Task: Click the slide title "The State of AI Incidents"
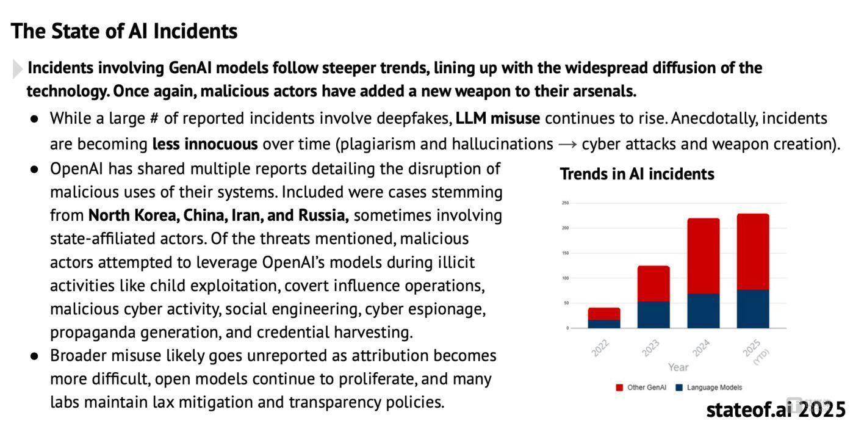pyautogui.click(x=124, y=31)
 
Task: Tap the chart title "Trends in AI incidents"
pyautogui.click(x=637, y=175)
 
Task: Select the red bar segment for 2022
pyautogui.click(x=604, y=314)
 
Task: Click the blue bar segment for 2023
pyautogui.click(x=653, y=315)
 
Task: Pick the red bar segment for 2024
pyautogui.click(x=704, y=256)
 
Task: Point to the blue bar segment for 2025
pyautogui.click(x=753, y=309)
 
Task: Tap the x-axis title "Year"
pyautogui.click(x=678, y=367)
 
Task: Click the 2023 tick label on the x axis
pyautogui.click(x=650, y=348)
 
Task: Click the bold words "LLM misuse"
pyautogui.click(x=497, y=118)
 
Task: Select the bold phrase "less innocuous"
pyautogui.click(x=205, y=144)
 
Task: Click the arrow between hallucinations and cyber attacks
pyautogui.click(x=567, y=145)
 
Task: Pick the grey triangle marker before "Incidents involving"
pyautogui.click(x=17, y=69)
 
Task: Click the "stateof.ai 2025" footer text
pyautogui.click(x=776, y=409)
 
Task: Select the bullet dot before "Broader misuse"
pyautogui.click(x=35, y=356)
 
